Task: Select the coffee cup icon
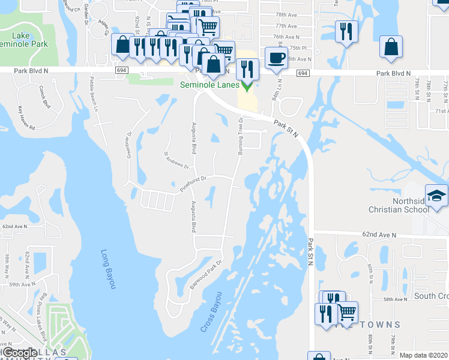[276, 58]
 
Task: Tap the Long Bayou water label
[107, 269]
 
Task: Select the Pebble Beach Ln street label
[94, 94]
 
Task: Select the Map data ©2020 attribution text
[423, 355]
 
